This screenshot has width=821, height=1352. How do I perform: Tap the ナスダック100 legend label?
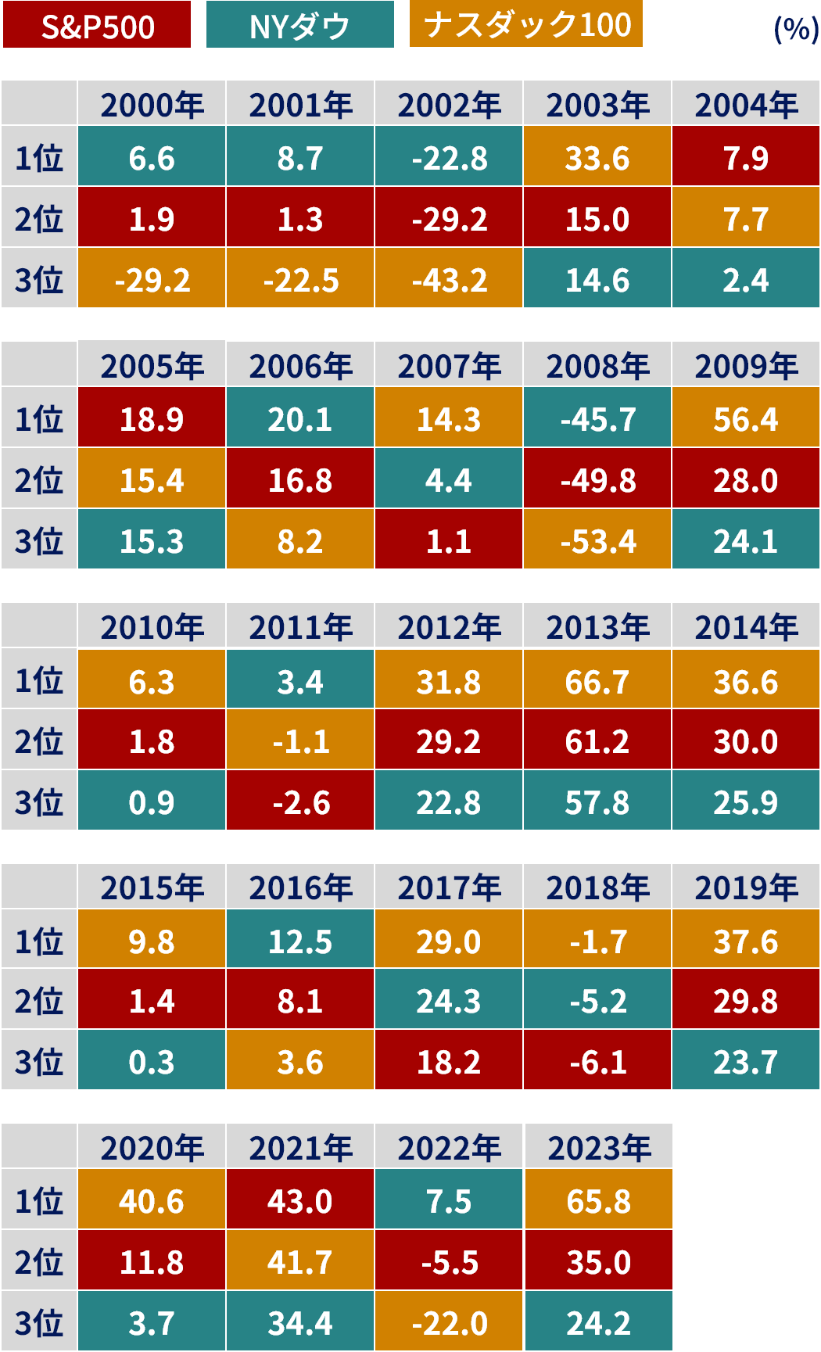click(x=526, y=24)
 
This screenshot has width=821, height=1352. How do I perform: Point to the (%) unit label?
click(x=795, y=29)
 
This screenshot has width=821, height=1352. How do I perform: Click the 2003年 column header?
click(x=597, y=105)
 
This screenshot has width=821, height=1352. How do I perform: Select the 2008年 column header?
click(x=597, y=366)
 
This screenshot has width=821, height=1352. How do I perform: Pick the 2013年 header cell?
click(x=597, y=627)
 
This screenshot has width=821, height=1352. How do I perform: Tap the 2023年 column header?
click(x=599, y=1148)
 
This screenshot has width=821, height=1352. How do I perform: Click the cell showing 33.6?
click(x=597, y=159)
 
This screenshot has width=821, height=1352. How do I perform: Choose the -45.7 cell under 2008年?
click(x=597, y=420)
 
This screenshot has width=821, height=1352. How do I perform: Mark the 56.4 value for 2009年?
click(x=746, y=420)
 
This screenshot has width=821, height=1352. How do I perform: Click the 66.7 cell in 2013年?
click(x=597, y=682)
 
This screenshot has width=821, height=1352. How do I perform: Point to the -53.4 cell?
click(x=597, y=541)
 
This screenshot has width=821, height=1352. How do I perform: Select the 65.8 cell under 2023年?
click(x=599, y=1201)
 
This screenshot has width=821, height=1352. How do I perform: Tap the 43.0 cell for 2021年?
click(x=300, y=1201)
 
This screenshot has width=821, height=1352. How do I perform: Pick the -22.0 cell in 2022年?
click(x=449, y=1323)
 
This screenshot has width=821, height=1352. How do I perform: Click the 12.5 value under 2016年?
click(x=300, y=941)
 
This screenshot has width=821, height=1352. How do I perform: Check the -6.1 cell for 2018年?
click(x=597, y=1062)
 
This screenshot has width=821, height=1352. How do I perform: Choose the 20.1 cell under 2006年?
click(x=300, y=420)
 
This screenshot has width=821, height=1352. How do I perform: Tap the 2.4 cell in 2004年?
click(x=746, y=280)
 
